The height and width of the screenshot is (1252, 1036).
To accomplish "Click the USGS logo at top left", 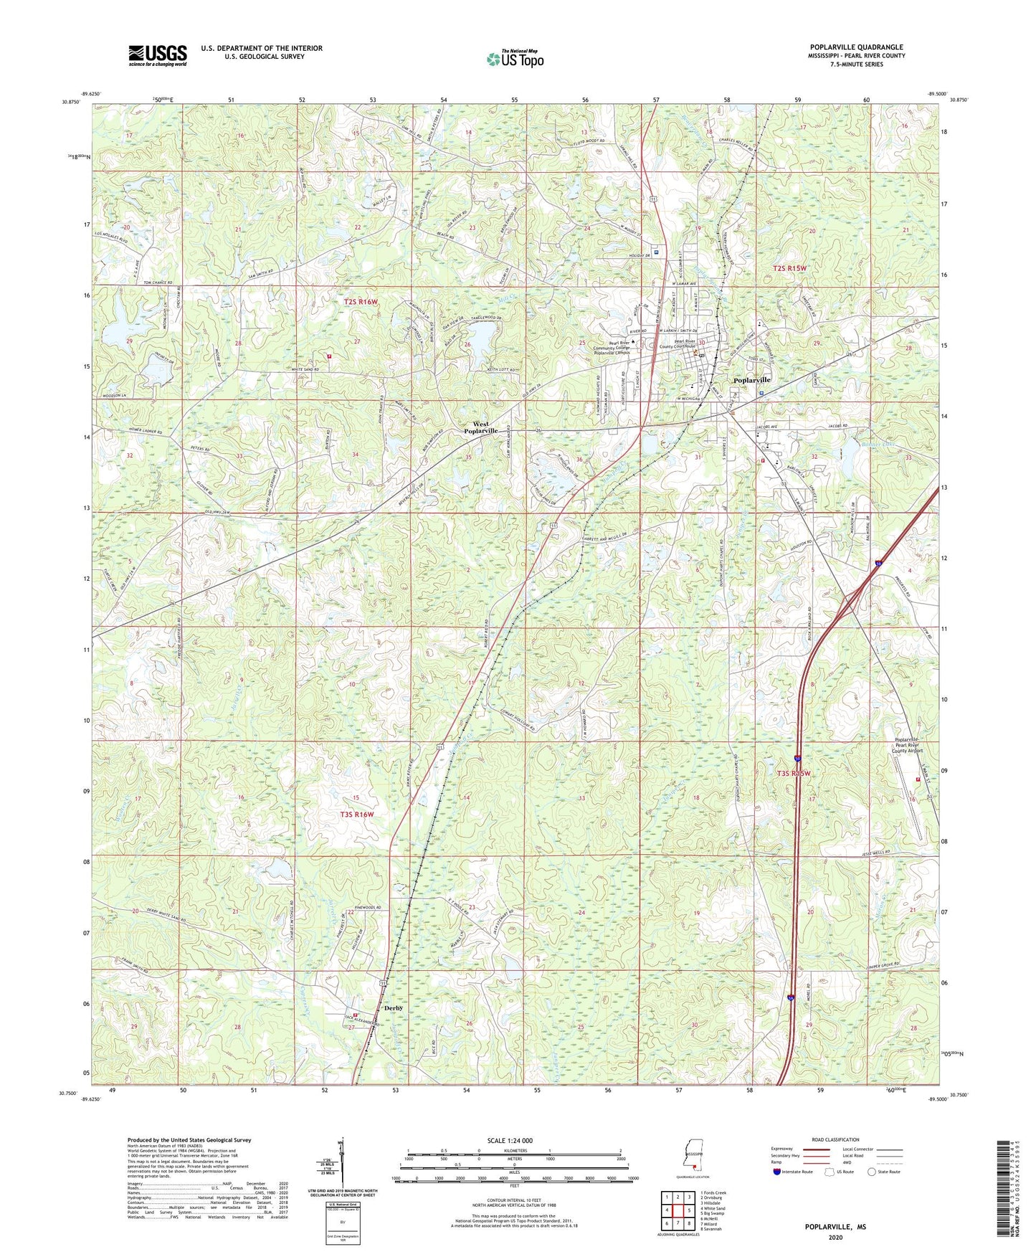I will [x=157, y=54].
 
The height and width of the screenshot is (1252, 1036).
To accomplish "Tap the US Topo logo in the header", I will [x=513, y=59].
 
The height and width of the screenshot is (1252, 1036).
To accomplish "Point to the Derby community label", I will [x=394, y=1007].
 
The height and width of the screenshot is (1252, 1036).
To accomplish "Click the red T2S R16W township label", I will [x=360, y=302].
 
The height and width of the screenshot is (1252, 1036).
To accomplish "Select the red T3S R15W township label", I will [x=795, y=774].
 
